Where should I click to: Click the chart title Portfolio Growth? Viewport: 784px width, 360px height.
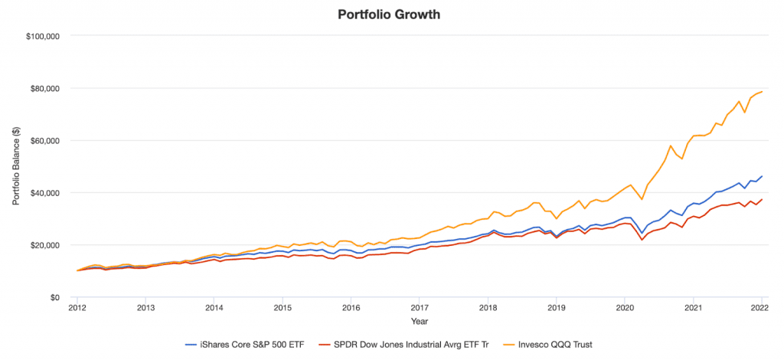(392, 15)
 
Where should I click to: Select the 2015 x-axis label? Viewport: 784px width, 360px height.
(283, 309)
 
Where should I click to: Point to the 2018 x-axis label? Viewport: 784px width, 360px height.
(488, 309)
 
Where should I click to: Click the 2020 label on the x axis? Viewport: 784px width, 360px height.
(625, 309)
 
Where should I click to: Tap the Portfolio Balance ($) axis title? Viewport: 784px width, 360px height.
(16, 165)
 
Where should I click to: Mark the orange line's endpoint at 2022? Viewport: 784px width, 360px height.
(762, 92)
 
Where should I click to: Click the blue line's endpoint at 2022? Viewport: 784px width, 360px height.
(762, 176)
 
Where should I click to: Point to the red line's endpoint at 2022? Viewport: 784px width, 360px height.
(762, 199)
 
